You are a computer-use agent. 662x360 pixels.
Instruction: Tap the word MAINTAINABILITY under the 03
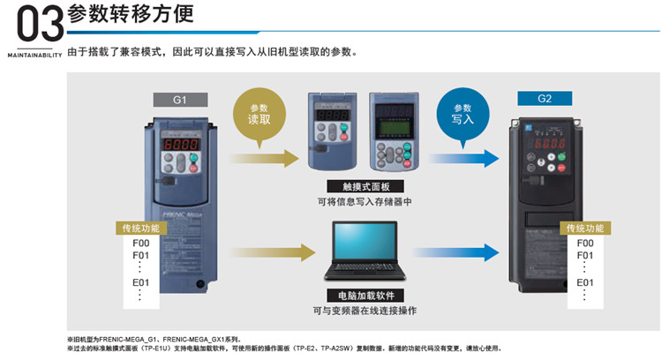(34, 54)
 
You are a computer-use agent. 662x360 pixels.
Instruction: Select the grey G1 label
(178, 100)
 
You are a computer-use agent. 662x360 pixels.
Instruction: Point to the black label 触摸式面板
(358, 187)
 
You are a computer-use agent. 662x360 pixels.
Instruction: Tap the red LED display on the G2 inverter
(551, 144)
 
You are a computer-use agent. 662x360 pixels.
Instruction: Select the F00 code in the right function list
(584, 243)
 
